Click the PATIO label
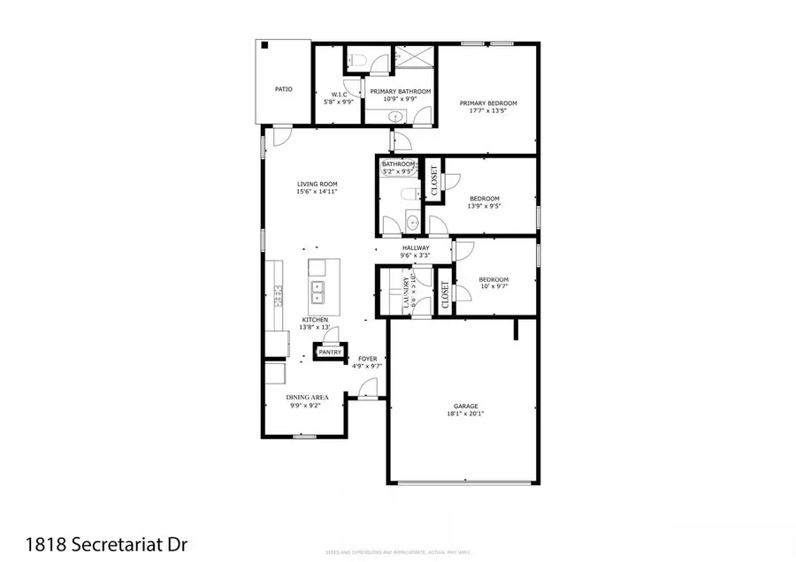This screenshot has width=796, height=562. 283,89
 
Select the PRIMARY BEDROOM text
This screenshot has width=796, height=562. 488,103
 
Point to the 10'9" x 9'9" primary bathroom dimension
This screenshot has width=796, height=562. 400,100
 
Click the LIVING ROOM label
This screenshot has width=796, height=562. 317,184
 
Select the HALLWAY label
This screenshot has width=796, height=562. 416,248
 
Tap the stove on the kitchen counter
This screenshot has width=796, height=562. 277,290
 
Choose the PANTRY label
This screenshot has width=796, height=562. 330,352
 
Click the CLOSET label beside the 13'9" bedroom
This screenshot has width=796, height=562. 433,181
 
